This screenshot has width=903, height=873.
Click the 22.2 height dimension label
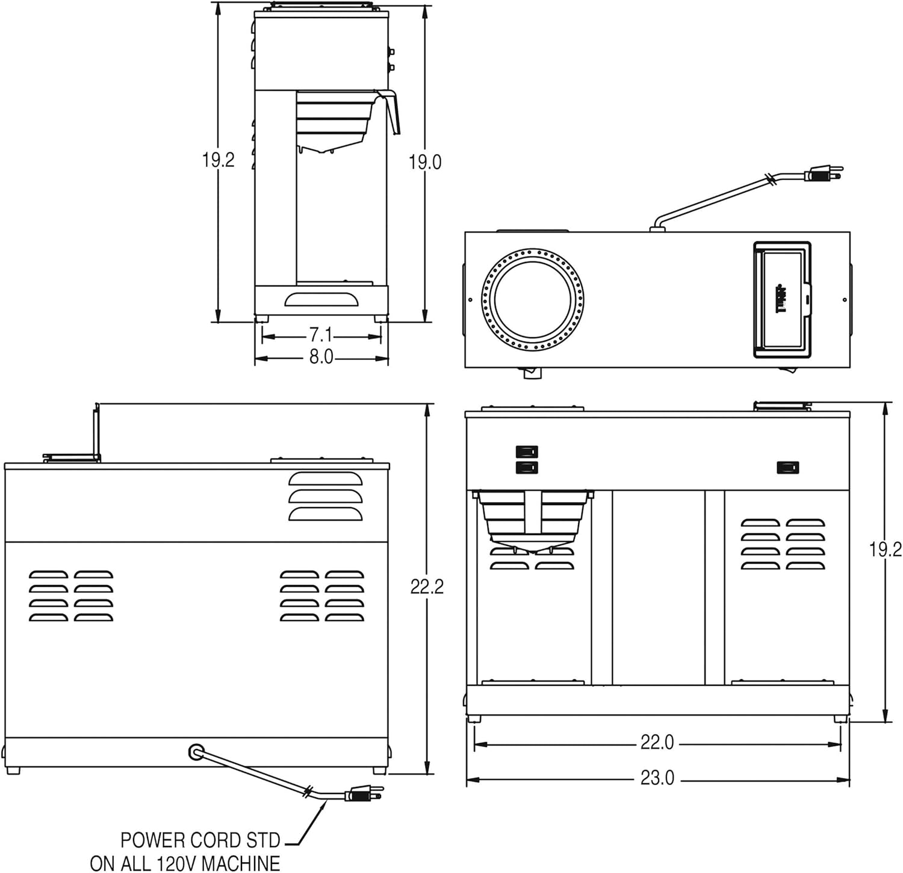pyautogui.click(x=427, y=586)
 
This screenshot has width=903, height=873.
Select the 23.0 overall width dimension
pyautogui.click(x=657, y=778)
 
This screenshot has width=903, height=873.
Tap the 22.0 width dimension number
pyautogui.click(x=657, y=743)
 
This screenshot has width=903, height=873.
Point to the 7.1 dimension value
pyautogui.click(x=321, y=335)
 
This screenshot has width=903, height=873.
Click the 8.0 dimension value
pyautogui.click(x=321, y=357)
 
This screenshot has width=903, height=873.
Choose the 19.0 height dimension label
pyautogui.click(x=425, y=162)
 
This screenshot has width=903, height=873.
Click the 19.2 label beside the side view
pyautogui.click(x=218, y=160)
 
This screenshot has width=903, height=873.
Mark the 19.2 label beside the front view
pyautogui.click(x=885, y=549)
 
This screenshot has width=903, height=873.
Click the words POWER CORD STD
pyautogui.click(x=200, y=840)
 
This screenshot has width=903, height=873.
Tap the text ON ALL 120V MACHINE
pyautogui.click(x=185, y=863)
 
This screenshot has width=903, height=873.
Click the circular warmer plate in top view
pyautogui.click(x=533, y=299)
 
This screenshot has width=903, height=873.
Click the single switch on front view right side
pyautogui.click(x=787, y=467)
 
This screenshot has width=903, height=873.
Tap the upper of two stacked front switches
pyautogui.click(x=527, y=452)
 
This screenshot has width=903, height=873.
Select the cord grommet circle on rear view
pyautogui.click(x=196, y=751)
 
